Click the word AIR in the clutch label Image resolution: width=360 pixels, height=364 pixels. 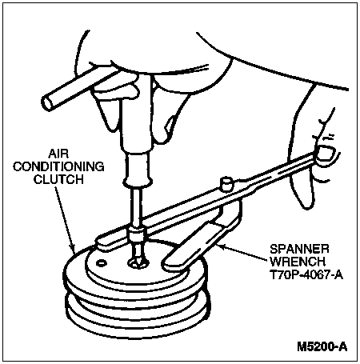point(58,154)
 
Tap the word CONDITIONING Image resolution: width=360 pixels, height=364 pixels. point(58,167)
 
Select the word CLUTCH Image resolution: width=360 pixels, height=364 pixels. point(58,179)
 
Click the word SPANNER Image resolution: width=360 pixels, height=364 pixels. point(299,249)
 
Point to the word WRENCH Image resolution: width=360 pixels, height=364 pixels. point(298,262)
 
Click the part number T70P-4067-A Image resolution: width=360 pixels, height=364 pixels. point(306,274)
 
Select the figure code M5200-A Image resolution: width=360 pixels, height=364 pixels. point(322,346)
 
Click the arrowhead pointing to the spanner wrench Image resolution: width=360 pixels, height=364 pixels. point(222,246)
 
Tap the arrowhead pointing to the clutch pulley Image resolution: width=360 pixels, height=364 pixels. point(74,250)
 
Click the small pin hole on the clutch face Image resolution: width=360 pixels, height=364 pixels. point(102,263)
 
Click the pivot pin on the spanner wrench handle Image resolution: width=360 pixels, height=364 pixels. point(226,184)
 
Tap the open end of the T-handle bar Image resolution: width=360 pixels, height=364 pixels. point(47,103)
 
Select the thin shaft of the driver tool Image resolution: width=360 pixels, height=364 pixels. point(137,206)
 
